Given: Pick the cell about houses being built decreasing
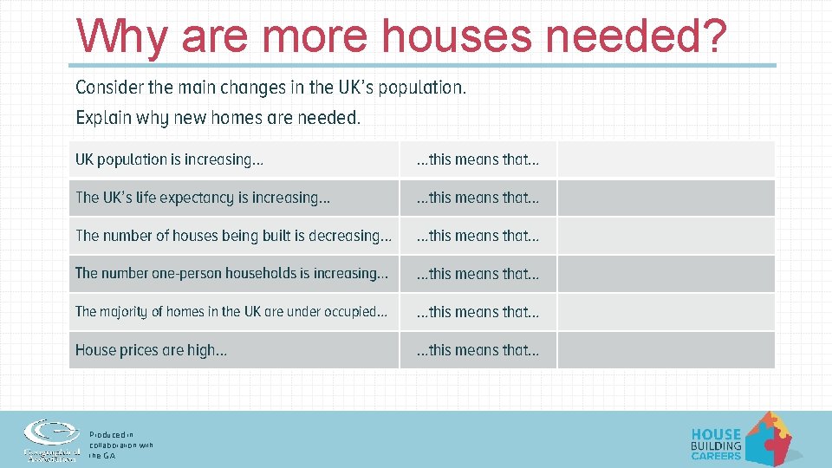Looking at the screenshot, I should click(233, 236).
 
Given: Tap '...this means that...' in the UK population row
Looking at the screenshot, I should click(478, 159).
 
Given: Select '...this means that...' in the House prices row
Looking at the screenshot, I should click(478, 350).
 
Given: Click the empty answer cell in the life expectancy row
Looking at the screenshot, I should click(666, 198).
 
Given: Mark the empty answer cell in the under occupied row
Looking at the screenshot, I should click(666, 312).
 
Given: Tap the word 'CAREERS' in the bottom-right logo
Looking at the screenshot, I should click(716, 456).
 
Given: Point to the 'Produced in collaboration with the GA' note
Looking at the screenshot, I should click(120, 445).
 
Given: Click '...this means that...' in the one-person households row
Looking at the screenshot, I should click(478, 274).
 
